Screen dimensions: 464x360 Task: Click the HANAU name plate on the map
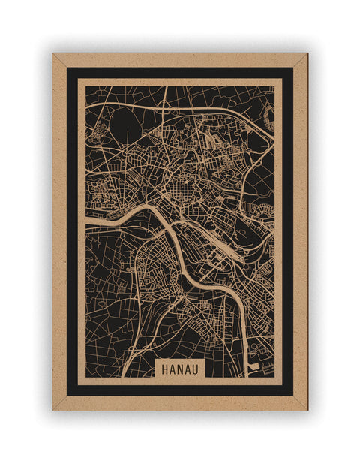pyautogui.click(x=180, y=369)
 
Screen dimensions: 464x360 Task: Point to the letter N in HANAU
pyautogui.click(x=180, y=369)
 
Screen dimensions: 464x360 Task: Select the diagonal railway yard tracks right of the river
pyautogui.click(x=225, y=259)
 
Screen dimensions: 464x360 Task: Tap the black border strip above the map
pyautogui.click(x=180, y=72)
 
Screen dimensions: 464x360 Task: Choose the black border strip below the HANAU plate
pyautogui.click(x=180, y=390)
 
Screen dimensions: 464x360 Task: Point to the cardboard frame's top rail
pyautogui.click(x=180, y=59)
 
